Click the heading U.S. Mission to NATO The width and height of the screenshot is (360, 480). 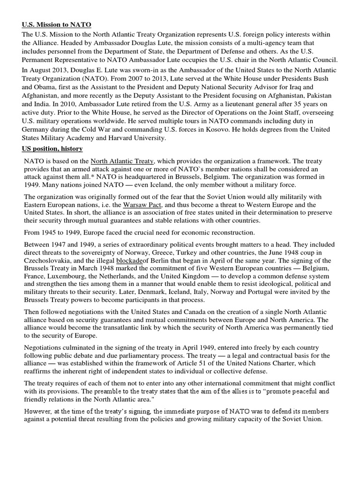pos(57,24)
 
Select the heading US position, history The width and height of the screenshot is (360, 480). pos(52,149)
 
